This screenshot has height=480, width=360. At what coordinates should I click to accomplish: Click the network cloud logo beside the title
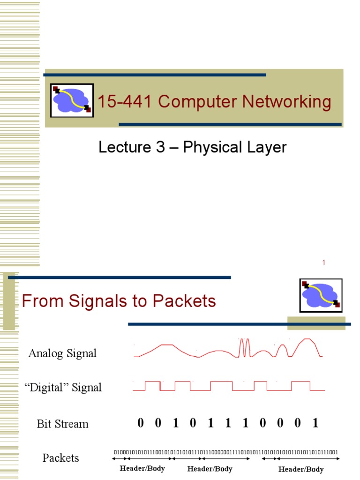tap(72, 100)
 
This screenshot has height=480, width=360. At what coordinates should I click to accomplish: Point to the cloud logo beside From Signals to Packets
tap(321, 295)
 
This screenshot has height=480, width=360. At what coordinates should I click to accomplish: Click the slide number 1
tap(323, 262)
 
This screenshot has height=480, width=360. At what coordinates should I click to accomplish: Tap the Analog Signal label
tap(62, 353)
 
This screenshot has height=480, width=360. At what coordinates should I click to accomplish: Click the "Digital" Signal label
tap(63, 387)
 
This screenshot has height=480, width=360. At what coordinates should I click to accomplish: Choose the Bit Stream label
tap(62, 424)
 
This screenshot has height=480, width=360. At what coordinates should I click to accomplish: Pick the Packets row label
tap(61, 458)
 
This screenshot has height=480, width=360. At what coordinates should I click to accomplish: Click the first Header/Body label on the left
tap(142, 468)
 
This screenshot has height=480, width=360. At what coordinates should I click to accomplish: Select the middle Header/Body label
tap(210, 468)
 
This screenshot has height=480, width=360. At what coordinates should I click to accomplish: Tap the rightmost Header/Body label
tap(301, 469)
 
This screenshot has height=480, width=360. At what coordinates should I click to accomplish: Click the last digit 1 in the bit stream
tap(315, 423)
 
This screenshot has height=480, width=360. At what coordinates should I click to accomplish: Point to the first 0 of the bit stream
tap(141, 423)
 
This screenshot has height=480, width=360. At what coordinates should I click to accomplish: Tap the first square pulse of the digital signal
tap(153, 386)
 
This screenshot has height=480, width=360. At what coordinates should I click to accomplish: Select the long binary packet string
tap(226, 452)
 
